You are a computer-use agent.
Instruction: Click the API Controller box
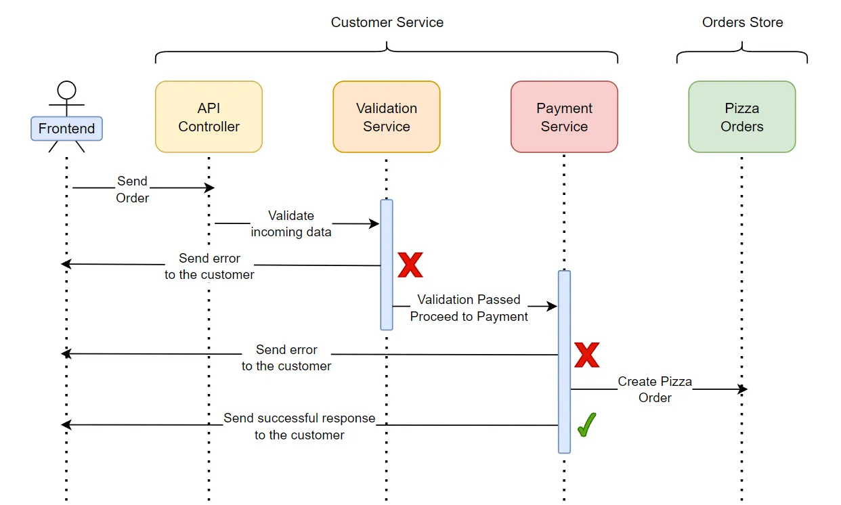(209, 117)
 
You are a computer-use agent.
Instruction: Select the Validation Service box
(387, 117)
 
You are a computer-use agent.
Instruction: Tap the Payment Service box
(564, 117)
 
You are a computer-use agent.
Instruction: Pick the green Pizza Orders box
(742, 117)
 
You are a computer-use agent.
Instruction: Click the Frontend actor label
(66, 129)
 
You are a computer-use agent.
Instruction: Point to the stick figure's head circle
(66, 89)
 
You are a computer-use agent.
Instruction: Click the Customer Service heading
(387, 22)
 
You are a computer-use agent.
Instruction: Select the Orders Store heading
(742, 22)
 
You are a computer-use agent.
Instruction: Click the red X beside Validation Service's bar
(410, 265)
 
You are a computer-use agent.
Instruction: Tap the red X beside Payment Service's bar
(587, 355)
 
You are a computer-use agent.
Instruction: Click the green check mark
(586, 426)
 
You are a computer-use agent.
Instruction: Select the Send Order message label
(133, 190)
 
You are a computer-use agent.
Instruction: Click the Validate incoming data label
(291, 224)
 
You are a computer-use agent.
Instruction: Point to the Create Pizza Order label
(655, 390)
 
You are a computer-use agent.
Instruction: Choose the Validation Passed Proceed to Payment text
(469, 308)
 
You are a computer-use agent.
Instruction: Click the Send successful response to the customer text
(299, 426)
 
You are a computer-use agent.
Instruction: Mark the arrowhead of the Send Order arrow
(211, 188)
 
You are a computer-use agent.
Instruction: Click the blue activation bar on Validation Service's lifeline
(387, 265)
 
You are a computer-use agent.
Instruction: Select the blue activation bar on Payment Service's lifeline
(564, 361)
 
